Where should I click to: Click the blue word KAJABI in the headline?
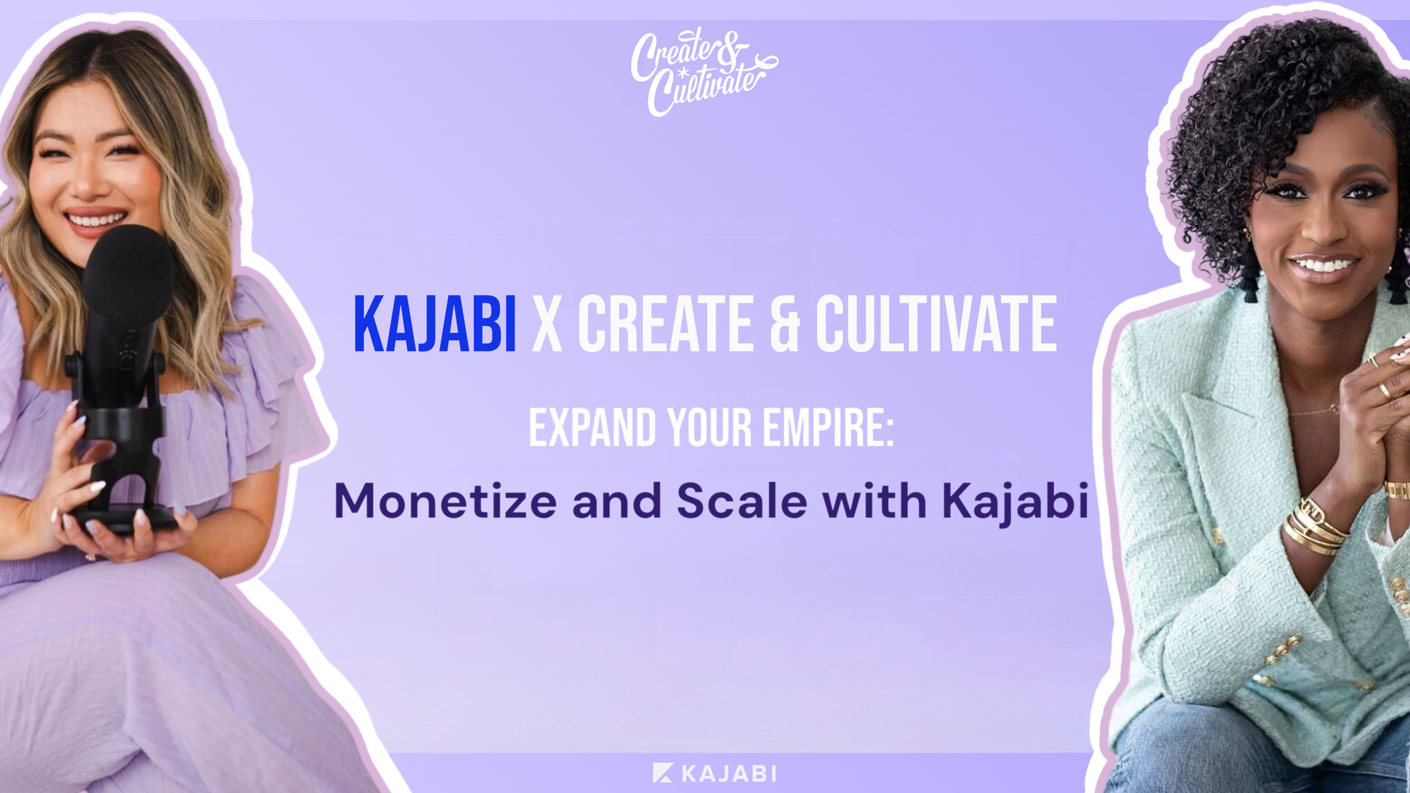(x=434, y=325)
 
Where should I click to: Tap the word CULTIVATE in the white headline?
(x=936, y=325)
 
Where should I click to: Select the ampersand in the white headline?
(x=785, y=325)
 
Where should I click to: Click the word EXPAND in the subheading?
(x=592, y=428)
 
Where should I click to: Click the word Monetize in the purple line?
(x=446, y=501)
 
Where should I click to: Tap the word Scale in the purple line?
(x=742, y=501)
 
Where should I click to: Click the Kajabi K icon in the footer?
(x=663, y=773)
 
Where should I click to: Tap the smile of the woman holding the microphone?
(x=95, y=219)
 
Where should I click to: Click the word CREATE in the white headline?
(x=666, y=325)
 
